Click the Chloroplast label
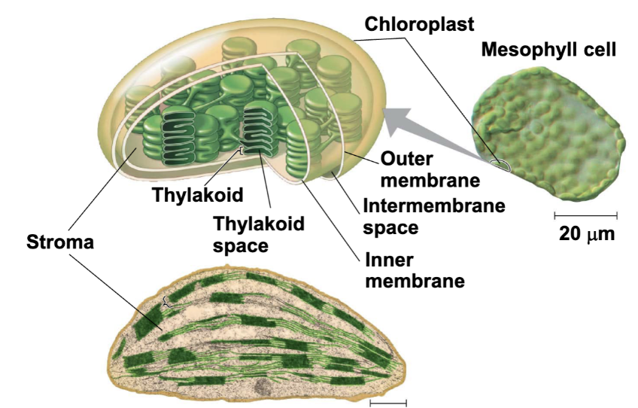click(x=409, y=23)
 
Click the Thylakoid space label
click(x=259, y=233)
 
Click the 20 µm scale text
click(x=586, y=233)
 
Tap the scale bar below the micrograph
click(x=387, y=401)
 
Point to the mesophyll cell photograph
click(x=549, y=128)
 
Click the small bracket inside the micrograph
click(x=168, y=303)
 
